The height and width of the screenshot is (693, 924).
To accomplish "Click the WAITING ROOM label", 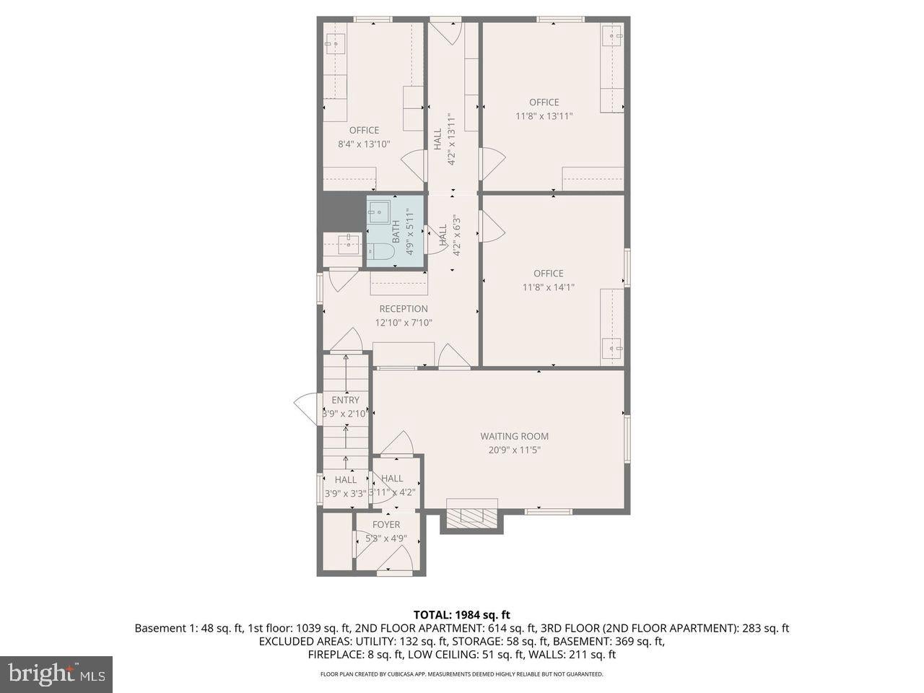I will pos(514,436).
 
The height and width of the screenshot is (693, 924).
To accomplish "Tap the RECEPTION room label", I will pos(404,309).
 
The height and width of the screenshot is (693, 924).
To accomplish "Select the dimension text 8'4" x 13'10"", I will pos(364,144).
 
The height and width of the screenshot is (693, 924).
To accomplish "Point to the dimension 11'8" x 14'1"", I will pos(548,287).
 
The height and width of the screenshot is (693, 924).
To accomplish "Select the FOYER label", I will pos(386,525).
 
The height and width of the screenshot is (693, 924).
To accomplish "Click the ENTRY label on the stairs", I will pos(345,400).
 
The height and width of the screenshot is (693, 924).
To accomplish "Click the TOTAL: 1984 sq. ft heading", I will pos(461,615).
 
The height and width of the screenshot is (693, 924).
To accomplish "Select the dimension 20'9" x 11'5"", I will pos(514,450).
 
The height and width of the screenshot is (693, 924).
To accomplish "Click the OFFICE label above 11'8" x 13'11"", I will pos(544,103).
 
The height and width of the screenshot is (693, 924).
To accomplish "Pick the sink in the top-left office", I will pos(334,44).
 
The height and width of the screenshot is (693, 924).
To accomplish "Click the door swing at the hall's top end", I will pos(445,33).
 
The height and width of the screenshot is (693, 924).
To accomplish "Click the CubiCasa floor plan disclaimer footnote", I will pos(461,674).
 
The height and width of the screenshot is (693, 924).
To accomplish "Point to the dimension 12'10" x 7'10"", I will pos(404,323).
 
